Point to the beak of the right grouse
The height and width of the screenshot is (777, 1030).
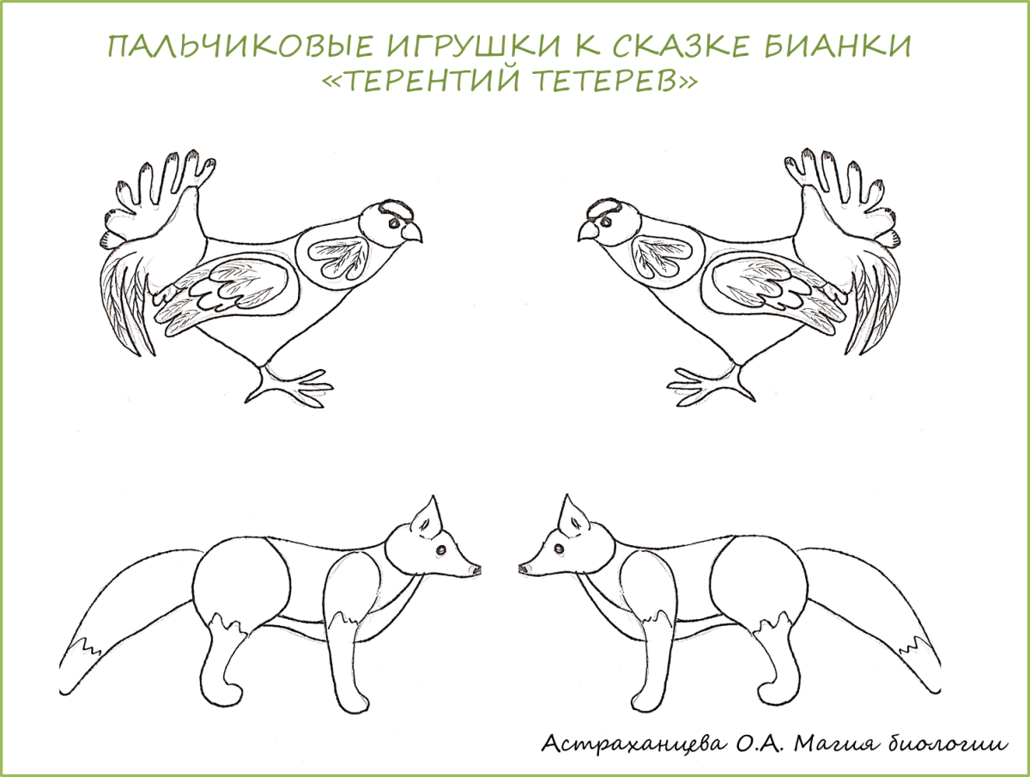[x=589, y=231]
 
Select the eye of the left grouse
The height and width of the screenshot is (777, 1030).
[x=393, y=224]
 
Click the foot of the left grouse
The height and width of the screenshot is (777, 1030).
[x=289, y=386]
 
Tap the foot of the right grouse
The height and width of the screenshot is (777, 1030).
[x=711, y=386]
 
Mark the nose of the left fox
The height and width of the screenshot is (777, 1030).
[x=476, y=570]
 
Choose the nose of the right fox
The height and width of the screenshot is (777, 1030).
[x=524, y=569]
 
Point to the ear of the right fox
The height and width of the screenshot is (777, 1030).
[x=573, y=518]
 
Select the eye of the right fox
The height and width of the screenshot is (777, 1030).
[x=559, y=548]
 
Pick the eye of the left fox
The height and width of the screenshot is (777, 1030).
[x=441, y=549]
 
